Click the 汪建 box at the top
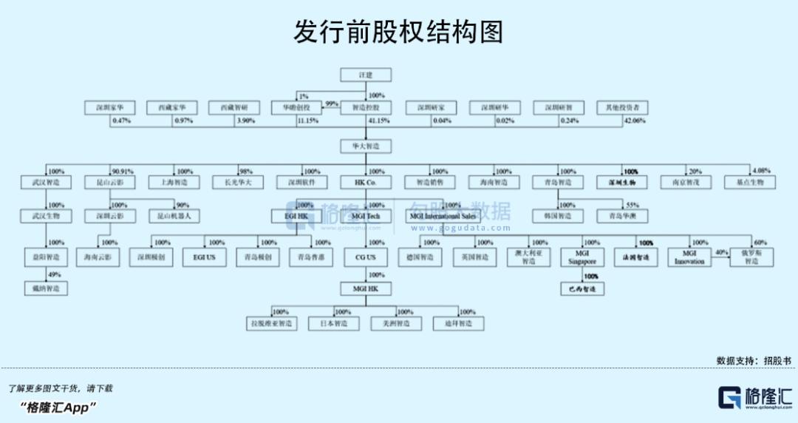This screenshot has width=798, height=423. click(365, 75)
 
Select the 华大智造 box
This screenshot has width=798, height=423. click(365, 146)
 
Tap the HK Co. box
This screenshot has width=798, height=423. click(365, 182)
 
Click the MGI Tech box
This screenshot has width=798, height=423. click(365, 217)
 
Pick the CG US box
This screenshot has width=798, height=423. click(365, 257)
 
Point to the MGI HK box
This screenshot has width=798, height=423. click(365, 288)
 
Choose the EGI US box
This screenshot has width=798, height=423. click(204, 257)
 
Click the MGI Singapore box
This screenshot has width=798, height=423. click(582, 257)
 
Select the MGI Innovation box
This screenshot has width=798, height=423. click(689, 257)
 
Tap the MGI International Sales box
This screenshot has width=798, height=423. click(442, 217)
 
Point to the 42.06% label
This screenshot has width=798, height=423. click(635, 121)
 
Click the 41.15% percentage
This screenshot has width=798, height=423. click(379, 121)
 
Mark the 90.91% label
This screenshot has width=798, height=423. click(123, 172)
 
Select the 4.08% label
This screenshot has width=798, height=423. click(761, 172)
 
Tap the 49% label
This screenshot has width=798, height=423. click(53, 275)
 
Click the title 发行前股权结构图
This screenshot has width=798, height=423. click(398, 32)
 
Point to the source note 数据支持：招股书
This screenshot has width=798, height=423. click(754, 360)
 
